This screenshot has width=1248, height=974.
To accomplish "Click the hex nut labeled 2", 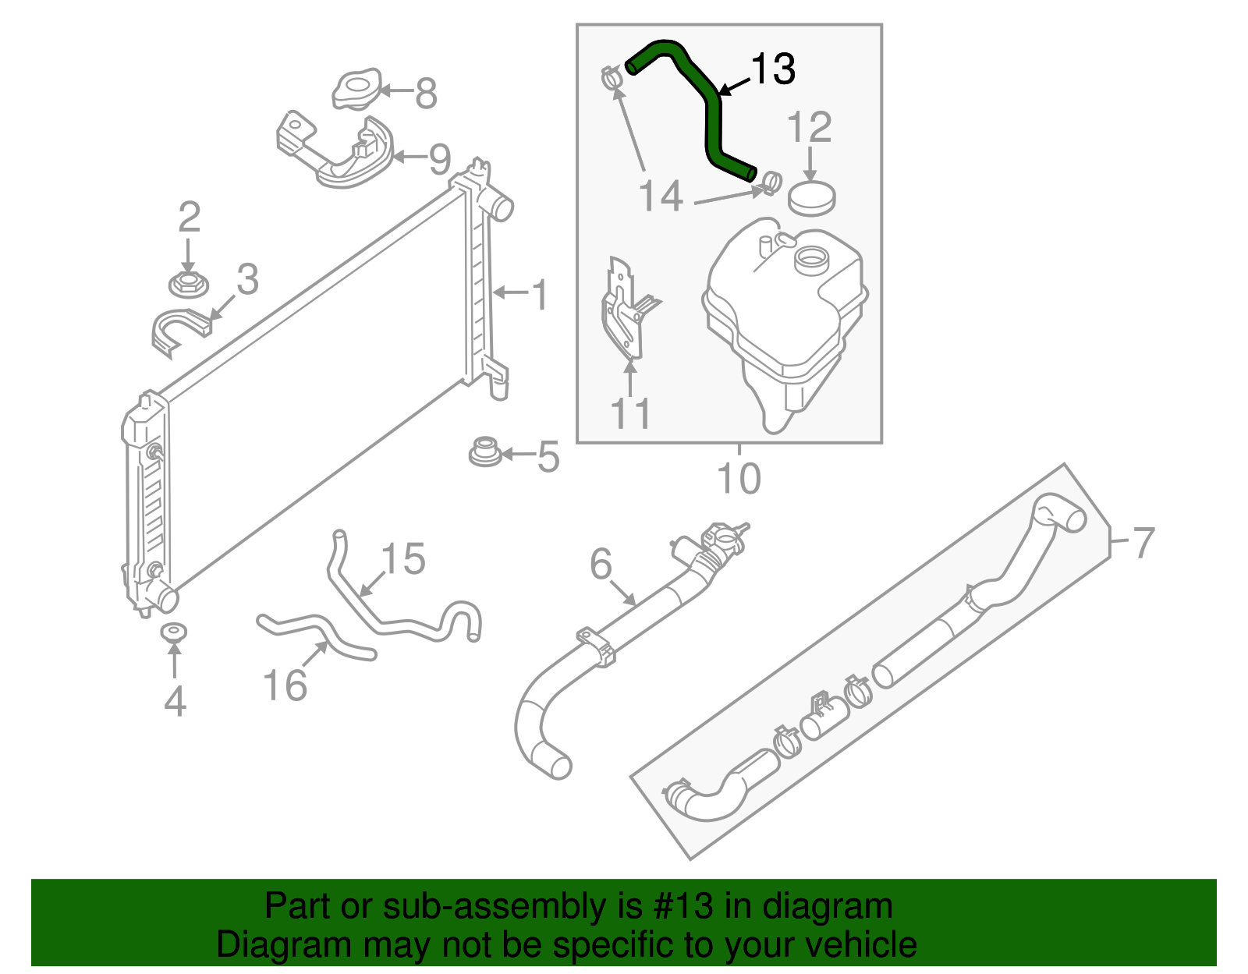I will tap(188, 284).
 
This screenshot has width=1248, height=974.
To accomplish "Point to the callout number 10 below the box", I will tap(738, 478).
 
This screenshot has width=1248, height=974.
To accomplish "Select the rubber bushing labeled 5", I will tap(484, 452).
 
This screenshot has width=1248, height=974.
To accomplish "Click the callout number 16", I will tap(285, 686).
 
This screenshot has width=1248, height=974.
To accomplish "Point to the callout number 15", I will tap(403, 559).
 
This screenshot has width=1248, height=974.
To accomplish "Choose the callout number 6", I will tap(601, 564).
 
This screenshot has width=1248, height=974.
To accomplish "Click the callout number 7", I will tap(1143, 542).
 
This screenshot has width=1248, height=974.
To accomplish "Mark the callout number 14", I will tap(661, 196).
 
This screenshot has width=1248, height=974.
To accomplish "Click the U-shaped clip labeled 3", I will tap(179, 328).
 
